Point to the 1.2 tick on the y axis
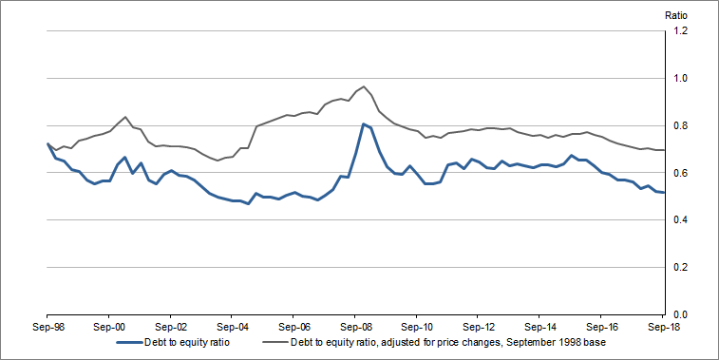pos(680,31)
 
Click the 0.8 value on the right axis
pos(680,125)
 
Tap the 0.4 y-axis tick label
pos(680,220)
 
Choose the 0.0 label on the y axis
pos(680,314)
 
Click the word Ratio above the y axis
pos(675,14)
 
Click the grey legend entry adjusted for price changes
pos(446,342)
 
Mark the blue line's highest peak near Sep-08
pos(363,123)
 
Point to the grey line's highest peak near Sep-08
pos(364,86)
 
